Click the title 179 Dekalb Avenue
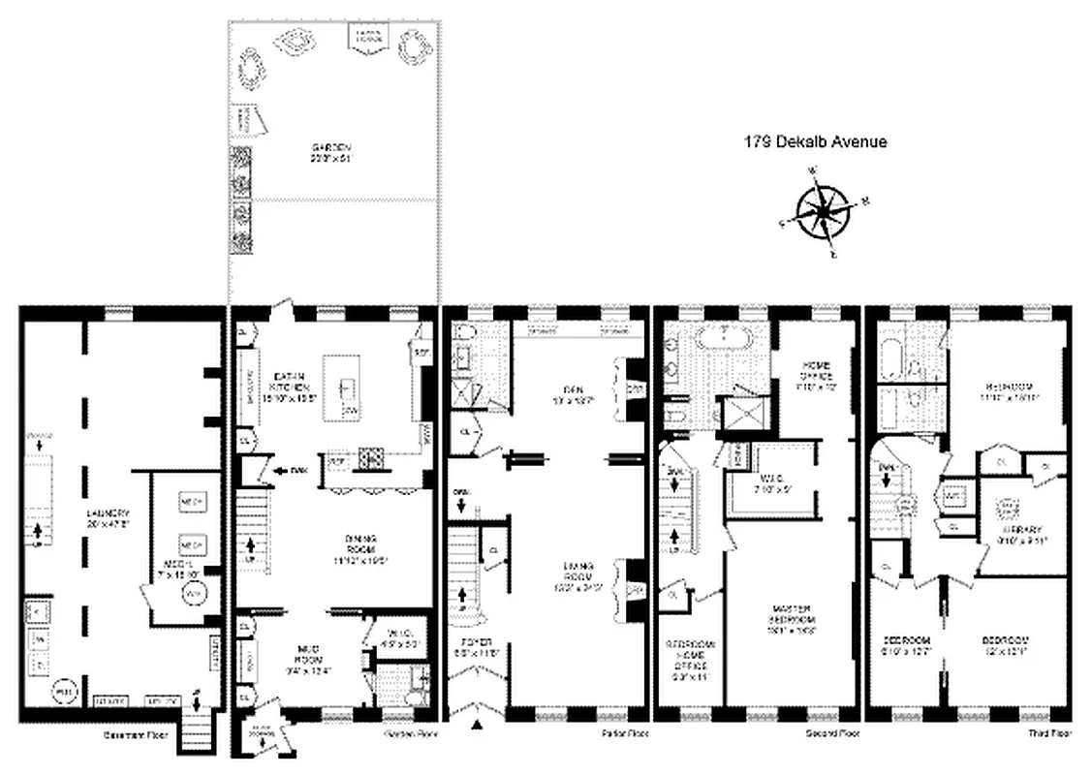tap(815, 142)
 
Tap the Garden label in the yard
tap(329, 152)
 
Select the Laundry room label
tap(106, 518)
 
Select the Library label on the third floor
tap(1022, 535)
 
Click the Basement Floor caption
tap(136, 735)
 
